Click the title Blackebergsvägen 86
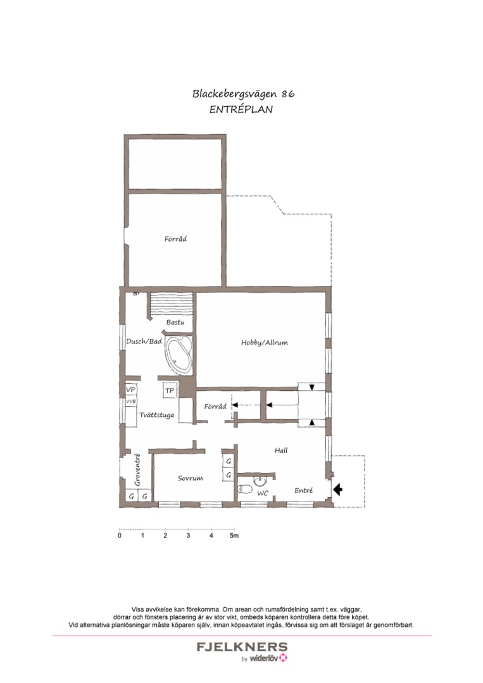point(243,94)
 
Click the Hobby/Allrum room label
point(264,343)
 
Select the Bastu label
point(175,323)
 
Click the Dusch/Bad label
point(144,342)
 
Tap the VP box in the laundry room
point(131,390)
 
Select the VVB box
point(131,402)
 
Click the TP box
point(170,391)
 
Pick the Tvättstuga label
point(156,415)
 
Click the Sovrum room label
point(190,479)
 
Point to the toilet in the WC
point(244,489)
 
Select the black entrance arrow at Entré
point(337,489)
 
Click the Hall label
point(281,450)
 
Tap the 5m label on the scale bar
point(234,536)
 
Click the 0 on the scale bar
point(120,536)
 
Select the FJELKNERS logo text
point(242,647)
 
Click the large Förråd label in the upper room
point(175,239)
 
